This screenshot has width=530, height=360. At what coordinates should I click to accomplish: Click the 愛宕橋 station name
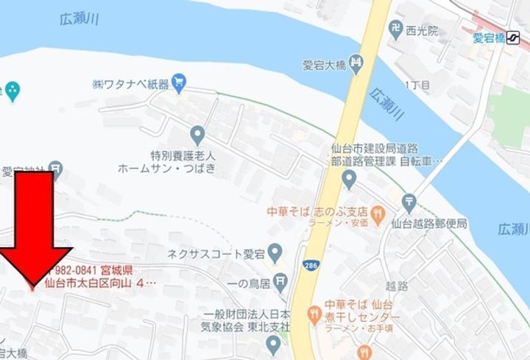(487, 39)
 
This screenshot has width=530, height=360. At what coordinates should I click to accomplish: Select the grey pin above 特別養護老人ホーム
(197, 135)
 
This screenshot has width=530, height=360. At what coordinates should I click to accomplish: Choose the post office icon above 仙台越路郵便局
(409, 201)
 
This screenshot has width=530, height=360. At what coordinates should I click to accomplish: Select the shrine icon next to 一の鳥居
(280, 281)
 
